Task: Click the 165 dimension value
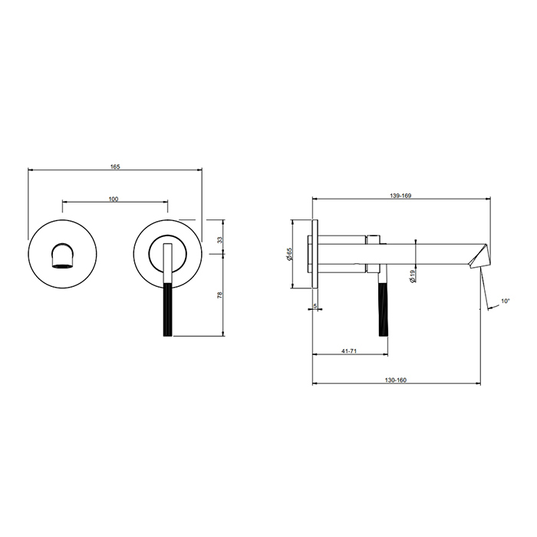(x=115, y=166)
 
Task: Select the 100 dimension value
(x=114, y=199)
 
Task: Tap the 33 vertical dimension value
(x=220, y=239)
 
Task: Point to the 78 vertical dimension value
(x=220, y=295)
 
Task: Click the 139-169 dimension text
(x=400, y=196)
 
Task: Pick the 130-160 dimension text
(x=396, y=381)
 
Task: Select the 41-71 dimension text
(x=349, y=351)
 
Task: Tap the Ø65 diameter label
(x=289, y=254)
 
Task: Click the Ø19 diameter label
(x=413, y=275)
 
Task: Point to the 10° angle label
(x=506, y=301)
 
